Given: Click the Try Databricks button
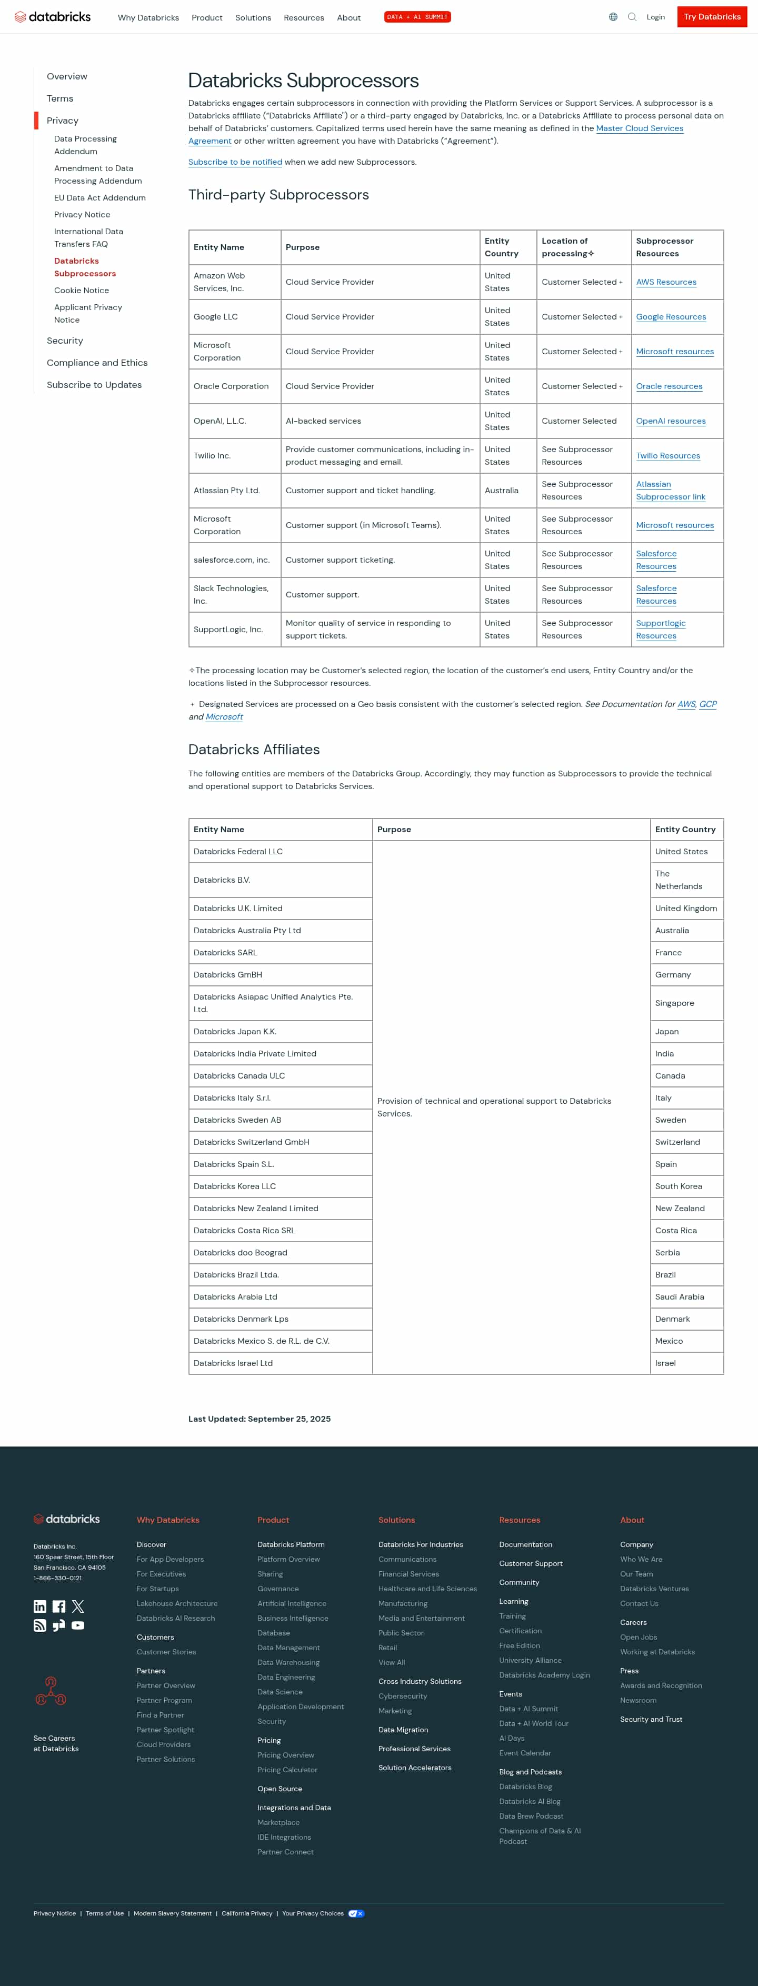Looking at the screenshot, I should [x=712, y=17].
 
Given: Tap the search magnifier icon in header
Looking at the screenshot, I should [x=632, y=17].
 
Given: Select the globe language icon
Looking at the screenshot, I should [x=613, y=17].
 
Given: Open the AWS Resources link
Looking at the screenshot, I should [x=665, y=282].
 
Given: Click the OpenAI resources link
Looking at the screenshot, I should [x=670, y=421].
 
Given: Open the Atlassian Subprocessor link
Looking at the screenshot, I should [x=670, y=491].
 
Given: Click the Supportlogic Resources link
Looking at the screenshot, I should [x=660, y=629].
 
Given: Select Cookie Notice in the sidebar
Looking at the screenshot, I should [x=81, y=291].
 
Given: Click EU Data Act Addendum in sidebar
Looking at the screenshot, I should [x=99, y=198].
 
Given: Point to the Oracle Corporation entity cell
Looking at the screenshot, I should [x=231, y=386].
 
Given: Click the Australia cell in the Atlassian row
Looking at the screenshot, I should [x=501, y=491].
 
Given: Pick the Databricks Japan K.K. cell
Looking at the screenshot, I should [x=235, y=1032].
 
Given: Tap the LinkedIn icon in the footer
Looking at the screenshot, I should [x=40, y=1606].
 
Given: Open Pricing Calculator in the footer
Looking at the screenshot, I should [x=287, y=1769].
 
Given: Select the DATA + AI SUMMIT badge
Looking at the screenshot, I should [x=417, y=17].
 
